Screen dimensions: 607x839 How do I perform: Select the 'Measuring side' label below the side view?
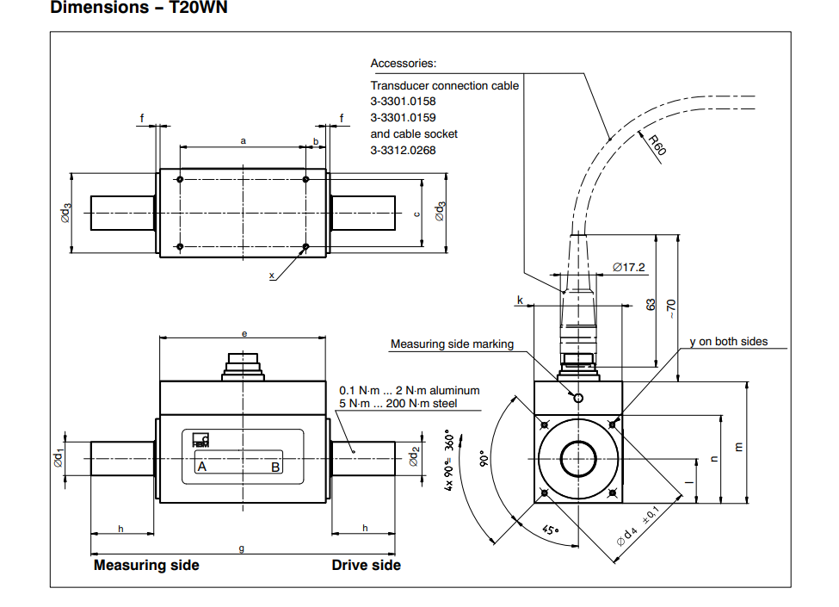(x=146, y=565)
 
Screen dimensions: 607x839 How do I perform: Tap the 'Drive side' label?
(x=366, y=565)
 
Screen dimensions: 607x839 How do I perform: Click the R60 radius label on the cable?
(x=657, y=145)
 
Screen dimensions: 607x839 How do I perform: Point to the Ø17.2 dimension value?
(x=629, y=267)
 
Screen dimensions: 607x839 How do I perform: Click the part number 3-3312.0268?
(x=403, y=150)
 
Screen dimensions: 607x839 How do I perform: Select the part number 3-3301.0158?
(x=403, y=102)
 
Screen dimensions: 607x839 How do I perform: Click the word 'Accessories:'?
(x=403, y=63)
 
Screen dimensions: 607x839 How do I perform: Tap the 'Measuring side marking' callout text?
(x=452, y=344)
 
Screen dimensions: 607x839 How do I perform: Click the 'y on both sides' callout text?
(x=728, y=342)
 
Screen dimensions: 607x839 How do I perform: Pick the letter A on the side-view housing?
(x=202, y=467)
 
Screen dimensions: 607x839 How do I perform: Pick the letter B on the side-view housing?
(x=275, y=467)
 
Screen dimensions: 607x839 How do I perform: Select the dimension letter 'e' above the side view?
(x=244, y=332)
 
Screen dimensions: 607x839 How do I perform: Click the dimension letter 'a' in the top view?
(x=244, y=139)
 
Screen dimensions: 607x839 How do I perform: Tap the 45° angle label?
(x=552, y=530)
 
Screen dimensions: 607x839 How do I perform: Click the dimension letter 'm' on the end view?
(x=738, y=446)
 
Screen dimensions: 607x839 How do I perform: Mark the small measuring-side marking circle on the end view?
(x=578, y=398)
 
